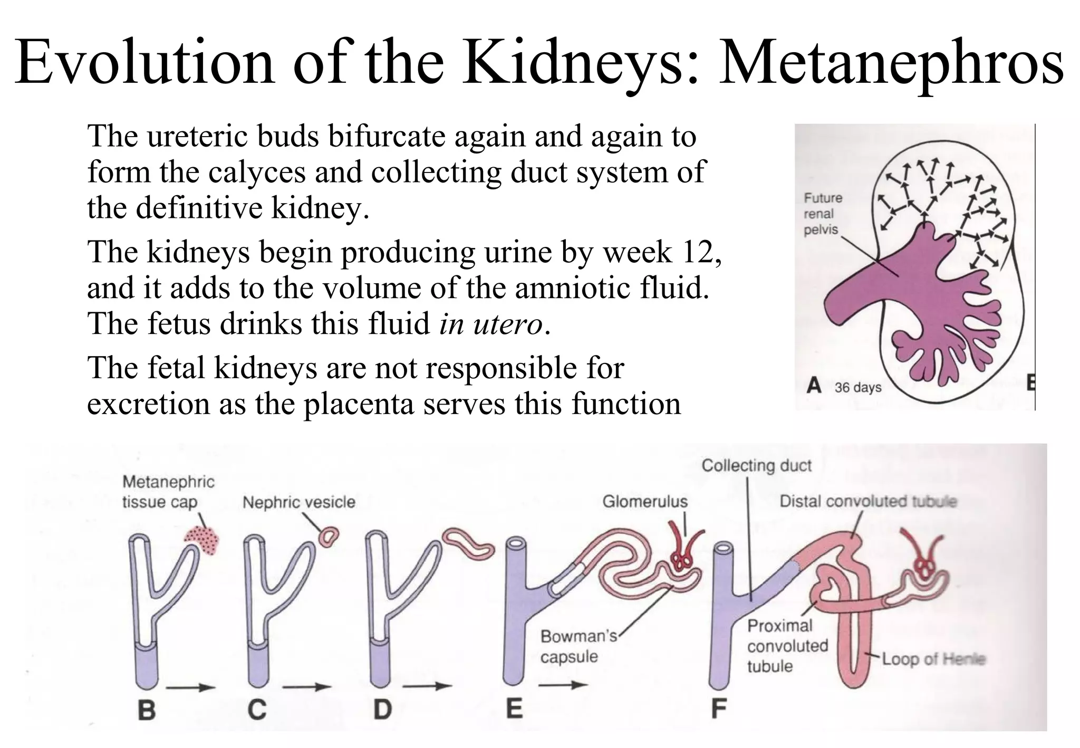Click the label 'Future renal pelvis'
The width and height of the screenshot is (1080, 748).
click(822, 214)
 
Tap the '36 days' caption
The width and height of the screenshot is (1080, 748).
click(857, 387)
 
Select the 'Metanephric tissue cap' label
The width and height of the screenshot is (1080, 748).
click(168, 491)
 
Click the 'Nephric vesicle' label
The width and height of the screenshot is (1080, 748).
click(298, 502)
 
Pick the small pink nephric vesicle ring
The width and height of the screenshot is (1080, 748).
click(329, 537)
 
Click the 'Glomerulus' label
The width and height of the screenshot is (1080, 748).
click(645, 501)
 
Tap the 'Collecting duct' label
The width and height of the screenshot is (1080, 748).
click(756, 465)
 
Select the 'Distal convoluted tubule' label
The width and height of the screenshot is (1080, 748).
click(867, 501)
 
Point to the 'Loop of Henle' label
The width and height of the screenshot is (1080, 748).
click(933, 658)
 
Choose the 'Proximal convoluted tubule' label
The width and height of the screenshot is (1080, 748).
click(787, 646)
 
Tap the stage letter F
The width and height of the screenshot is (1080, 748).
click(718, 708)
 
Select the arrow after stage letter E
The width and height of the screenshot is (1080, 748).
click(563, 685)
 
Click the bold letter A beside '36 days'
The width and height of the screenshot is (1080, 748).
click(814, 386)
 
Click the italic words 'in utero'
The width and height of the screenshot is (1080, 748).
click(490, 323)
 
